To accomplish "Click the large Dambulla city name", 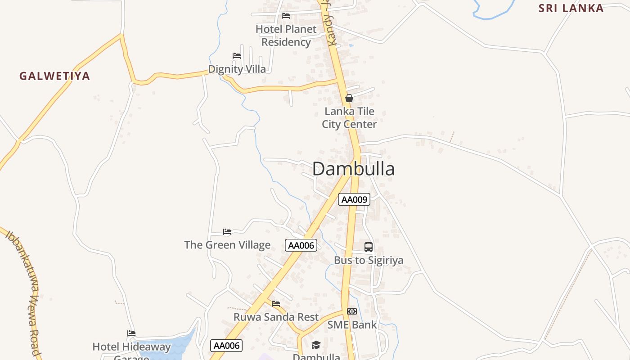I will pyautogui.click(x=353, y=169).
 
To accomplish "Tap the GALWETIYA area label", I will pyautogui.click(x=54, y=76).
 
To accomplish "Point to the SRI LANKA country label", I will pyautogui.click(x=571, y=8).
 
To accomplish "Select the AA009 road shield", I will pyautogui.click(x=354, y=199).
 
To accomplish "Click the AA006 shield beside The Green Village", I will pyautogui.click(x=301, y=245).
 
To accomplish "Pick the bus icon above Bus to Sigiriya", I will pyautogui.click(x=369, y=247).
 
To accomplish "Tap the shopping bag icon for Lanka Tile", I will pyautogui.click(x=349, y=98).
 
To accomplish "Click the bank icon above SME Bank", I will pyautogui.click(x=352, y=311).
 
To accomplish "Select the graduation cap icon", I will pyautogui.click(x=316, y=345).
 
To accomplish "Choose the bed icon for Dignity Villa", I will pyautogui.click(x=237, y=56).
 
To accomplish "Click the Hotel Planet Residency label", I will pyautogui.click(x=286, y=36).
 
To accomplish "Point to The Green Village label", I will pyautogui.click(x=227, y=245).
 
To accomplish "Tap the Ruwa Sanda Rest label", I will pyautogui.click(x=276, y=317).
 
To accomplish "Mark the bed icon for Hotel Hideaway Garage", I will pyautogui.click(x=131, y=333).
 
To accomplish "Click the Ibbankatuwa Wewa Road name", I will pyautogui.click(x=25, y=292).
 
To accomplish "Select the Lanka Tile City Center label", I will pyautogui.click(x=349, y=118).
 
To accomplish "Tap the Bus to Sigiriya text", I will pyautogui.click(x=369, y=260).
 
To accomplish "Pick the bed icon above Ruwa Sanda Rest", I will pyautogui.click(x=276, y=304).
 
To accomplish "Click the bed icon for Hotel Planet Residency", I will pyautogui.click(x=286, y=16).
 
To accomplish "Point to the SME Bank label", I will pyautogui.click(x=352, y=324).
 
